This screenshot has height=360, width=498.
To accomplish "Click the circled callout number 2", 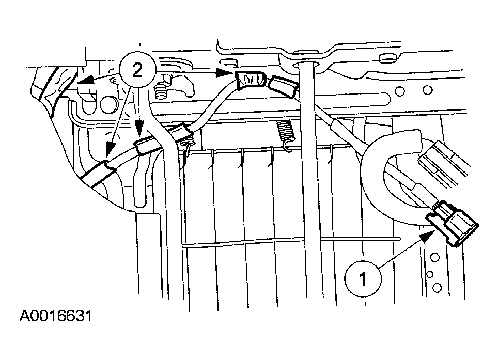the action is [137, 71].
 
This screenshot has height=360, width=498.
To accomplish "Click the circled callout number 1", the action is [363, 279].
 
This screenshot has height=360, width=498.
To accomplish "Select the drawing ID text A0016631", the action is [56, 316].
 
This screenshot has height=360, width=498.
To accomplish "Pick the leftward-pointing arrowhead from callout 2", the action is [85, 81].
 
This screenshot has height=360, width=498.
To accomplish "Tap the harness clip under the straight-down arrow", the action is [146, 144].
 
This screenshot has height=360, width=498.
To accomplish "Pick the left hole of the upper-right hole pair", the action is [400, 91].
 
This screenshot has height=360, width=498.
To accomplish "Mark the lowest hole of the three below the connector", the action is [438, 287].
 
